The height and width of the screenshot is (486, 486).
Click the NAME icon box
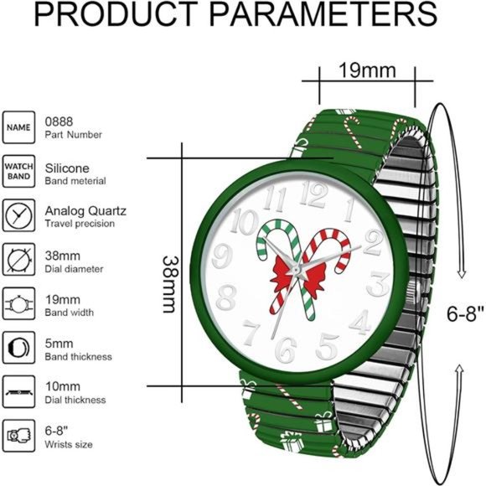click(x=18, y=127)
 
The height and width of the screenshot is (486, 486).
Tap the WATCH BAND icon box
click(x=18, y=172)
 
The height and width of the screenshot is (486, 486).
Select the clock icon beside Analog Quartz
click(x=18, y=215)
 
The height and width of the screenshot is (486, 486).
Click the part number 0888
click(x=59, y=121)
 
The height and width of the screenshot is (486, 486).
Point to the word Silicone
click(x=67, y=168)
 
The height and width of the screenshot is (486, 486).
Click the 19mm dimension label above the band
click(x=367, y=70)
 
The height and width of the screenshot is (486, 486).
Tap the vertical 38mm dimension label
click(x=170, y=284)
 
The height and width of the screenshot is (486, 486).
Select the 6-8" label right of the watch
click(x=465, y=313)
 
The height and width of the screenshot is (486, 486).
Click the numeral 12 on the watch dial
click(x=314, y=194)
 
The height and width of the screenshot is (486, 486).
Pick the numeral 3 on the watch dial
click(x=378, y=284)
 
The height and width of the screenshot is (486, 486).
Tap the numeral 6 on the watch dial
click(x=286, y=349)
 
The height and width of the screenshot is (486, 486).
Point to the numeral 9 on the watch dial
click(x=222, y=256)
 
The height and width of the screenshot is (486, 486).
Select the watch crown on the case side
click(x=415, y=292)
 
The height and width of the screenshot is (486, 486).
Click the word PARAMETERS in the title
click(x=323, y=14)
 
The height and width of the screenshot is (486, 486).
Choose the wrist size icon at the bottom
click(x=18, y=436)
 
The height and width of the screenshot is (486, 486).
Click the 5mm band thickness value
click(x=59, y=344)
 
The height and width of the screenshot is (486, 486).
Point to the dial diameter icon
click(x=18, y=260)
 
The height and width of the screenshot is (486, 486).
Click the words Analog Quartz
click(x=85, y=211)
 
